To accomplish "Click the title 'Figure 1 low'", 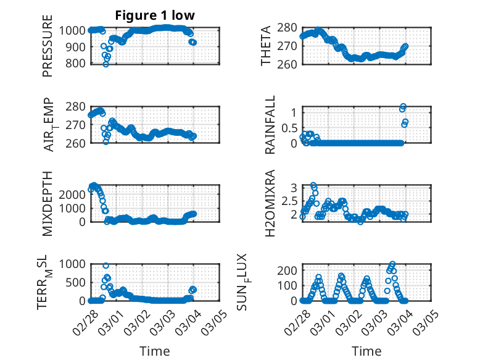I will click(155, 15).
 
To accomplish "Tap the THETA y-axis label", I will click(266, 46).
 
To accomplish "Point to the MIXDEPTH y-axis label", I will click(48, 203).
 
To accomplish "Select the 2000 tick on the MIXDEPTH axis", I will click(70, 194).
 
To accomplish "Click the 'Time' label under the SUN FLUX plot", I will click(366, 351).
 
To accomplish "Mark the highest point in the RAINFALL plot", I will click(403, 107).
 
